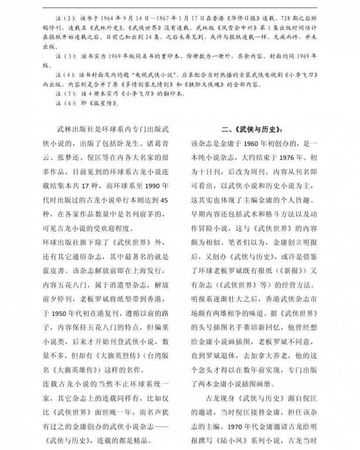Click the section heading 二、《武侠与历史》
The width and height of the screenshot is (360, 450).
[253, 129]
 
